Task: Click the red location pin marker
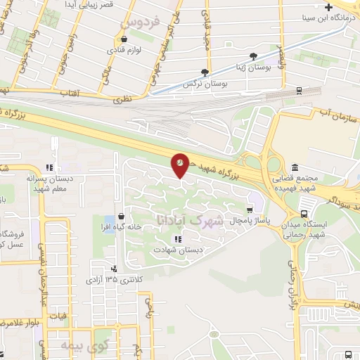tap(180, 165)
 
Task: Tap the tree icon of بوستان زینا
tap(253, 56)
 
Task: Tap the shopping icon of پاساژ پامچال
tap(249, 210)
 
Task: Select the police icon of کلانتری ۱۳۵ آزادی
tap(114, 268)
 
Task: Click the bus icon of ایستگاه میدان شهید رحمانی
tap(304, 214)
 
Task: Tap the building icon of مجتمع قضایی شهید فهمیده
tap(293, 167)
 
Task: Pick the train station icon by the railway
tap(300, 90)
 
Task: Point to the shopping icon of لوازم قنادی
tap(123, 39)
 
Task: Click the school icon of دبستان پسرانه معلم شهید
tap(49, 167)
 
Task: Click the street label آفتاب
tap(67, 92)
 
